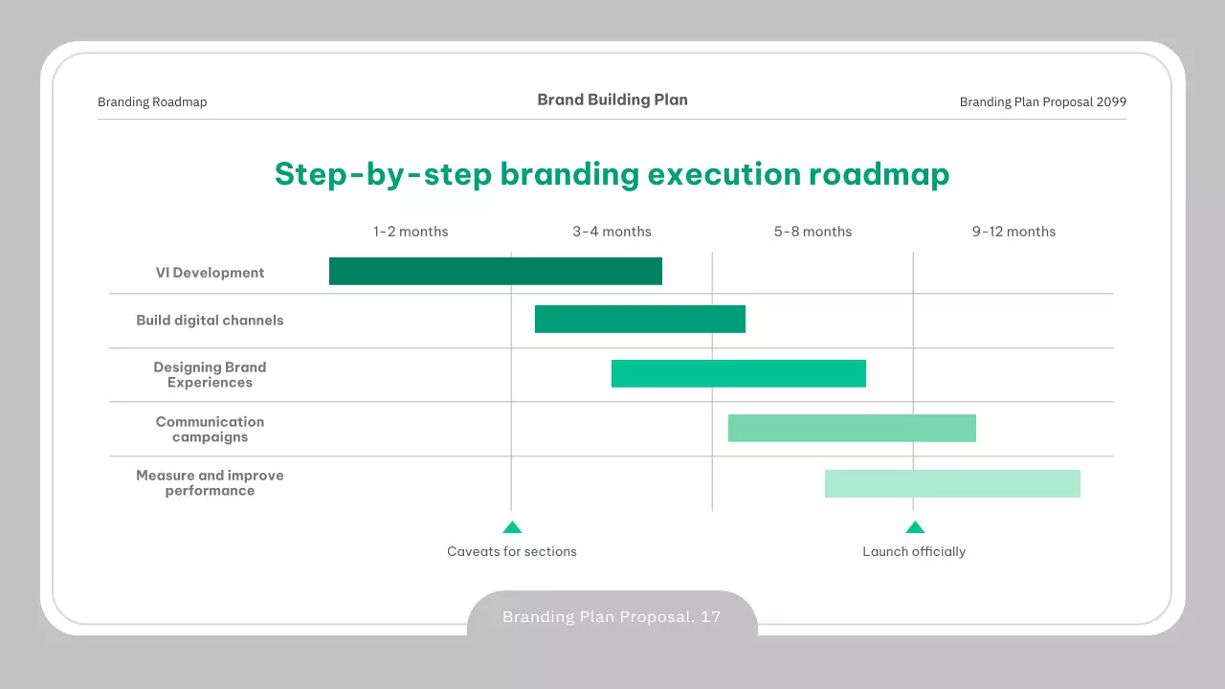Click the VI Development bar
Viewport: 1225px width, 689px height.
click(496, 271)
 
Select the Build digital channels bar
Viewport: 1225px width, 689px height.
click(640, 319)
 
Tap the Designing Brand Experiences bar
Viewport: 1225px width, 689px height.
click(738, 373)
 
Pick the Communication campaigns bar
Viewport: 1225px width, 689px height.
click(852, 428)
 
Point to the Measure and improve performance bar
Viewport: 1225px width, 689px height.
click(952, 483)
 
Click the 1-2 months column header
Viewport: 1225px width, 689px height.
click(411, 232)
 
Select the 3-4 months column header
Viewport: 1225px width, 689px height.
click(612, 232)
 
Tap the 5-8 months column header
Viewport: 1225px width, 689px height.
click(813, 232)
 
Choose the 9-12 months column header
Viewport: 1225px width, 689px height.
click(1013, 232)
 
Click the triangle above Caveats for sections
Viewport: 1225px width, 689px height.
click(512, 527)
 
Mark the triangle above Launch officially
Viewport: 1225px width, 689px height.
click(915, 527)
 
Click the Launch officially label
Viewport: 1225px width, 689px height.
click(914, 551)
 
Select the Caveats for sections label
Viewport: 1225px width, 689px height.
click(512, 551)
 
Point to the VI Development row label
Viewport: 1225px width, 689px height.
click(210, 273)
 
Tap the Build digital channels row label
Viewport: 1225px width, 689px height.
click(210, 320)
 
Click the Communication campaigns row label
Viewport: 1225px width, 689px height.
click(210, 430)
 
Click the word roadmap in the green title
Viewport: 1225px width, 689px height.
click(879, 174)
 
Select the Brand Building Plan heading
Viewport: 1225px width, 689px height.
click(612, 100)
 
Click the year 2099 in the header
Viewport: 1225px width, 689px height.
click(1111, 101)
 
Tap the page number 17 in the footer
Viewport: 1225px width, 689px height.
click(710, 617)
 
